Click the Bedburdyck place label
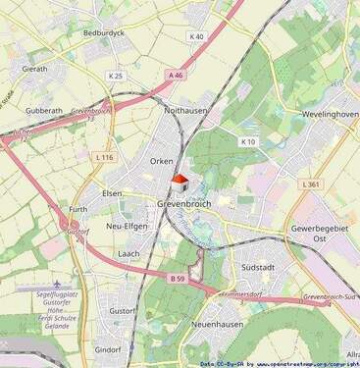pos(105,32)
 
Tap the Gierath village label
pos(34,70)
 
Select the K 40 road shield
pos(197,37)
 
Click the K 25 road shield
pos(115,76)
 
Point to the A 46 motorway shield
pos(176,75)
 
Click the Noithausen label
pos(186,111)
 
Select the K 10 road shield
pos(248,141)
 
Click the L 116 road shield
pos(105,157)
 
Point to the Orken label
pos(162,160)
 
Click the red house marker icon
pos(180,184)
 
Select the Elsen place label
pos(113,193)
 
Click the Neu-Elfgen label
pos(126,226)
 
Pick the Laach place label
pos(129,253)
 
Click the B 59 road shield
pos(178,279)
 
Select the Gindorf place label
pos(107,349)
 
